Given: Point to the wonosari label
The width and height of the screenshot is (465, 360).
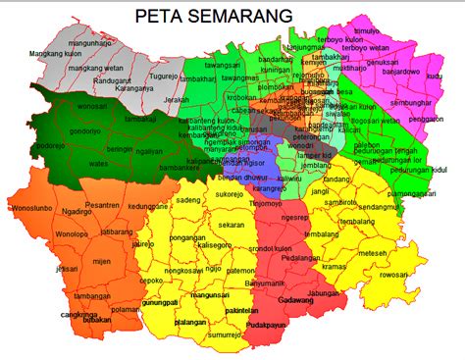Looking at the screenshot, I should pyautogui.click(x=90, y=105).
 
